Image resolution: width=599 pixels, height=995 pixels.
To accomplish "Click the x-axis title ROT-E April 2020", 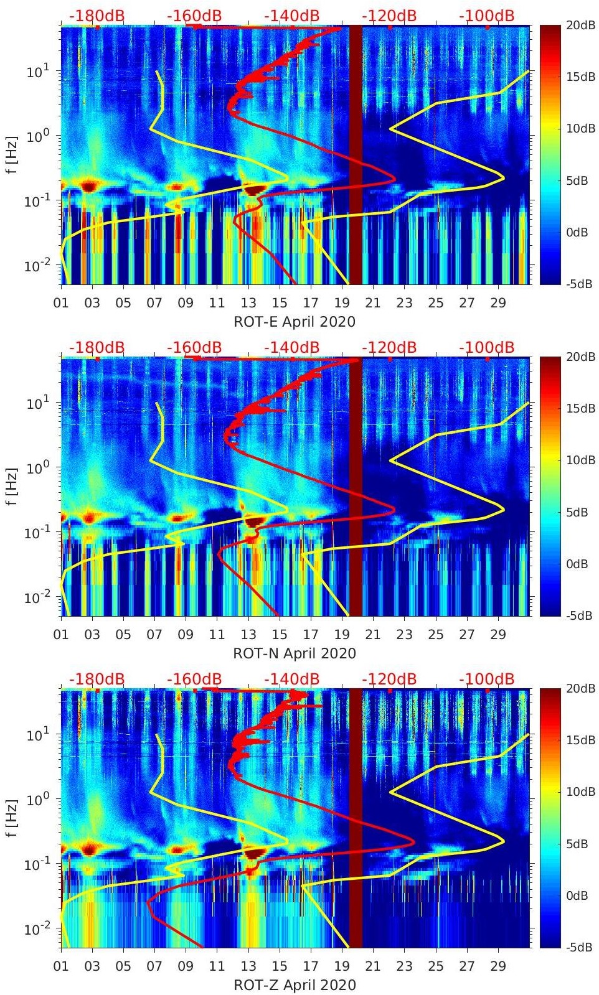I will click(295, 322).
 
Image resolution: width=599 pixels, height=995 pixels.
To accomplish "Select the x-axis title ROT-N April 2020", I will click(295, 653).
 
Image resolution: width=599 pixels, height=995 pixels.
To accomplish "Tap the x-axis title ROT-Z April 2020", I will click(295, 985).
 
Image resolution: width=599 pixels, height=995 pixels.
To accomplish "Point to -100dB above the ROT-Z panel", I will click(487, 680).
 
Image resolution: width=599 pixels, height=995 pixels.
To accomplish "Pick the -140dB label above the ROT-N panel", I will click(291, 348).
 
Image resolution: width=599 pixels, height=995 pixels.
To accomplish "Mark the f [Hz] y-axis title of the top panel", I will click(12, 154).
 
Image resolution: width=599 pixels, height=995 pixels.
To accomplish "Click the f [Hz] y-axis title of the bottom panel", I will click(12, 817).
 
